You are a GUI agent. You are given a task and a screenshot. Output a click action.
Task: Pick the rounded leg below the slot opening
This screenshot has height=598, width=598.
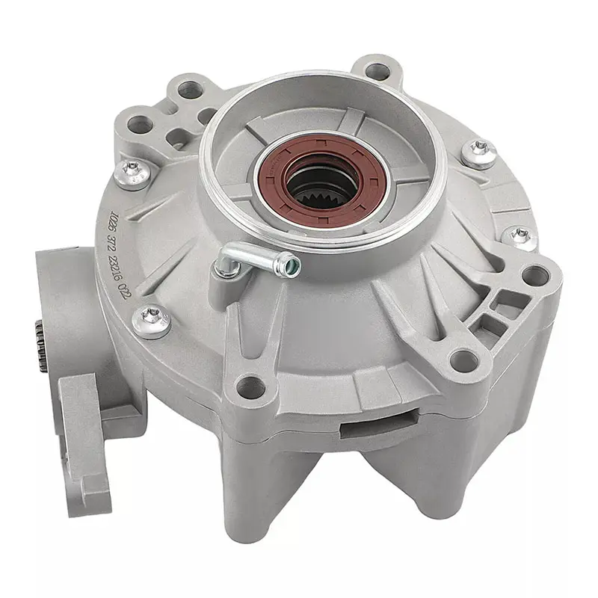click(x=374, y=508)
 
